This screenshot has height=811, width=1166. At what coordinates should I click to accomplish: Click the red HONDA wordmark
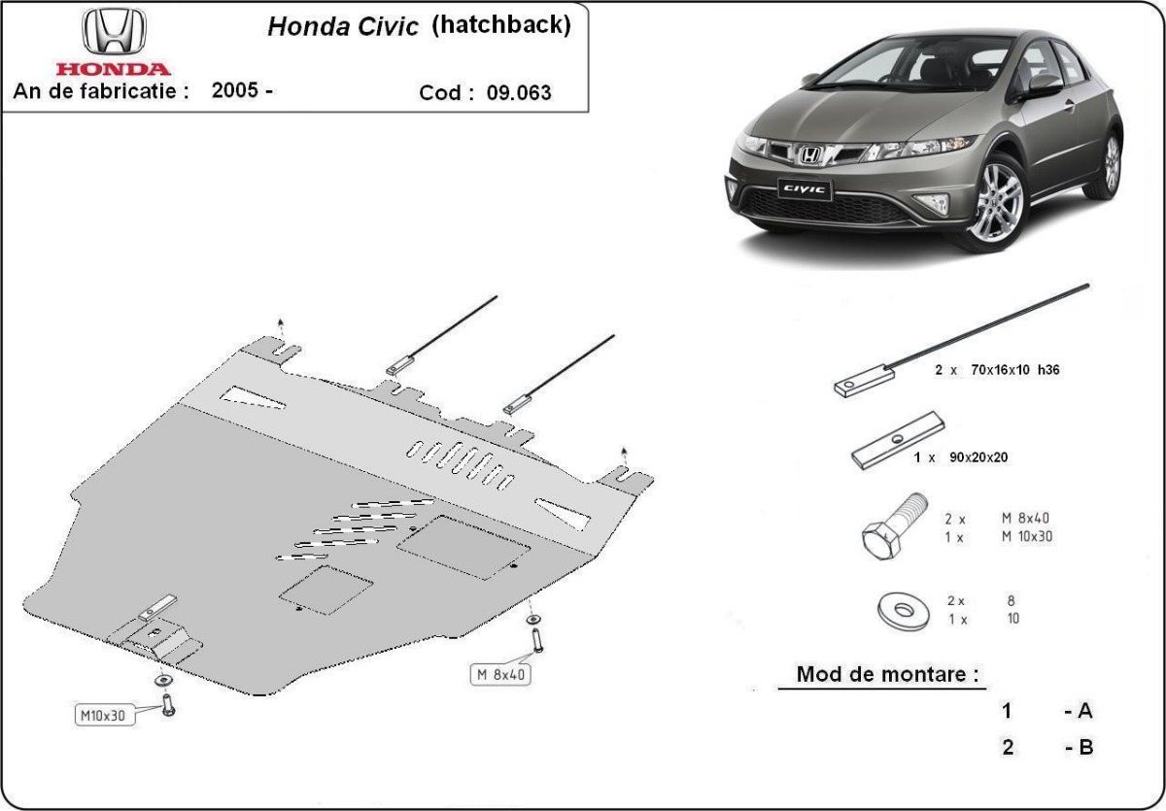(113, 69)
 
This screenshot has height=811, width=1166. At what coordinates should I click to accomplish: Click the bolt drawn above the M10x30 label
(168, 702)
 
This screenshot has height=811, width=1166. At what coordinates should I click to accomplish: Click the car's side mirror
(1044, 84)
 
